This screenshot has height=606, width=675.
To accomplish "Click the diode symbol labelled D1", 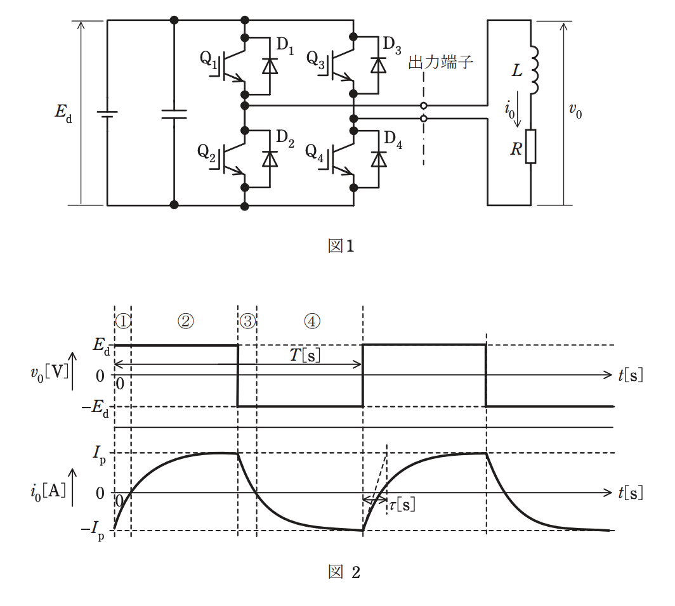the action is pos(270,66).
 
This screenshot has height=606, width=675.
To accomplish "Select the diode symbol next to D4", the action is pos(378,159).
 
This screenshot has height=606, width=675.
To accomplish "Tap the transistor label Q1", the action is pos(209,59).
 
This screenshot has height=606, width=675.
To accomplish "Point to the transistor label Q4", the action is pos(314,152).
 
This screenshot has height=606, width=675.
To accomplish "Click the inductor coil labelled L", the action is pos(534,70).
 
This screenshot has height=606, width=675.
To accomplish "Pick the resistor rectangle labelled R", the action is pos(531,146).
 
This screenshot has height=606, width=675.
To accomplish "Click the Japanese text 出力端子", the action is pos(440,62).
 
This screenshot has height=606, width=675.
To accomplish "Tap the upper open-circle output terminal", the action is pos(424,105).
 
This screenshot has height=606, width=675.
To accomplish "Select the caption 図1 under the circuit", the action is pos(341,246).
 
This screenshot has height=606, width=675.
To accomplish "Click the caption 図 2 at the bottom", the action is pos(344,572).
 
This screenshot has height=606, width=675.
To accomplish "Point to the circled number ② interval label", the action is pos(186,321).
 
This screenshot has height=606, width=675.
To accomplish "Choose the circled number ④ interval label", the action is pos(312,321).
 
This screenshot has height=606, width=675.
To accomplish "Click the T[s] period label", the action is pos(305,355).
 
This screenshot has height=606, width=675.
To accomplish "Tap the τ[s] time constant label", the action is pos(402,504).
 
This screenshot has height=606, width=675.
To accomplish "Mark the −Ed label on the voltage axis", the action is pos(95,408).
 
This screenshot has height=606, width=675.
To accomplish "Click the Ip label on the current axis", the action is pos(99,455).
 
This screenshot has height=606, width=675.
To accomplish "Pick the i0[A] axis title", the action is pos(48,492).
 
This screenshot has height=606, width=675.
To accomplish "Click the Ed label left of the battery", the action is pos(63,113).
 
